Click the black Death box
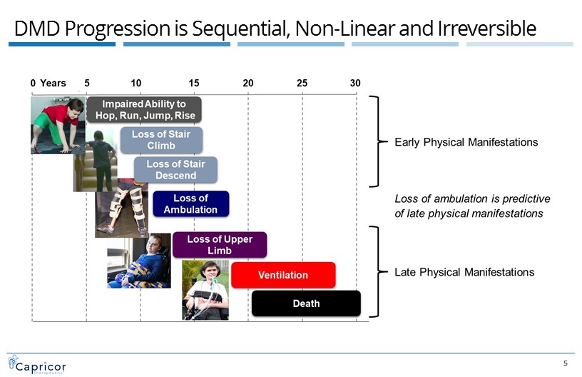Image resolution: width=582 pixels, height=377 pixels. pyautogui.click(x=306, y=303)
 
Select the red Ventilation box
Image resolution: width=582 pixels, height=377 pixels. pyautogui.click(x=282, y=275)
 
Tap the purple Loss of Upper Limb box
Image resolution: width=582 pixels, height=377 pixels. pyautogui.click(x=220, y=245)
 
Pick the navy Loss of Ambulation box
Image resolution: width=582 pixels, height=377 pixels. pyautogui.click(x=190, y=203)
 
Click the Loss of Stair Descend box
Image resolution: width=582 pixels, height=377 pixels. pyautogui.click(x=175, y=169)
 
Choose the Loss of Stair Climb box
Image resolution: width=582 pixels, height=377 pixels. pyautogui.click(x=160, y=140)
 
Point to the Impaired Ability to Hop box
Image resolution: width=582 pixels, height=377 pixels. pyautogui.click(x=145, y=109)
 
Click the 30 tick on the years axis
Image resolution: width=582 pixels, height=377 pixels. pyautogui.click(x=355, y=83)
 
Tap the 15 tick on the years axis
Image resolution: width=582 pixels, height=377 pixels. pyautogui.click(x=194, y=83)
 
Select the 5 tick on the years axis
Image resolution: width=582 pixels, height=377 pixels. pyautogui.click(x=87, y=83)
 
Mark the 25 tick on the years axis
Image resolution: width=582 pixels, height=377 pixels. pyautogui.click(x=302, y=83)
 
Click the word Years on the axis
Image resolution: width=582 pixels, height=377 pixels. pyautogui.click(x=53, y=83)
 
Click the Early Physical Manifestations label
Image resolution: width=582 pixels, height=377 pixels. pyautogui.click(x=466, y=142)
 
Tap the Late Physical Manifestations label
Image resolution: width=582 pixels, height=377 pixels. pyautogui.click(x=464, y=272)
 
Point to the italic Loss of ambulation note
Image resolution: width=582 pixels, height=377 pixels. pyautogui.click(x=472, y=206)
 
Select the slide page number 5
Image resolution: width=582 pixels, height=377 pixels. pyautogui.click(x=566, y=363)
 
